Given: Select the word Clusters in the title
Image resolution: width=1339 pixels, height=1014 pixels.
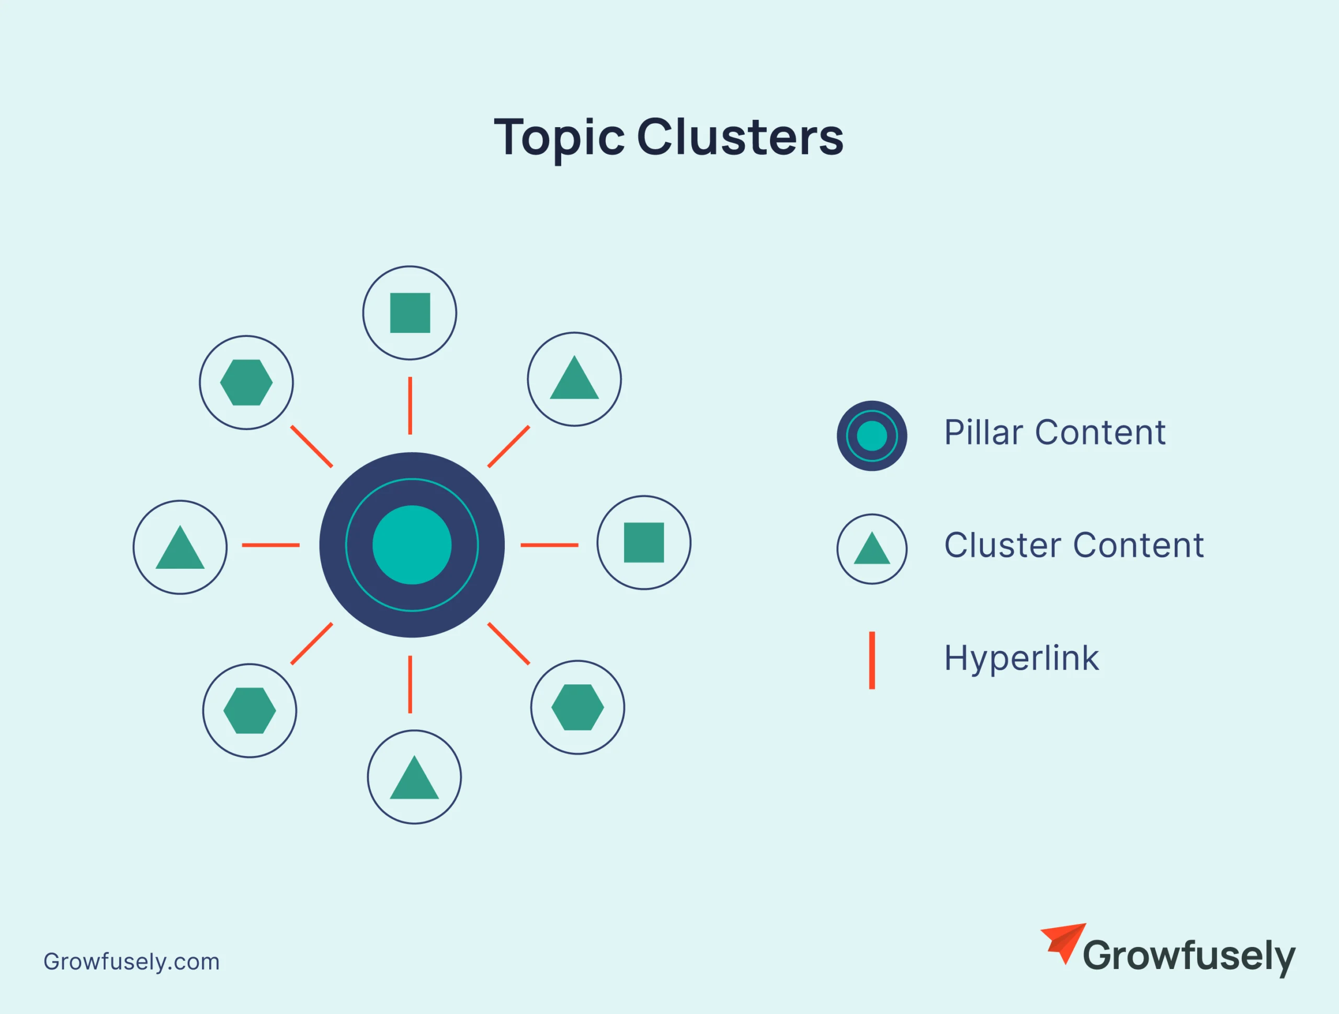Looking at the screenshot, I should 740,138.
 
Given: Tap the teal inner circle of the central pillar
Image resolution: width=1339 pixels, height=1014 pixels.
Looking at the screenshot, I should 412,545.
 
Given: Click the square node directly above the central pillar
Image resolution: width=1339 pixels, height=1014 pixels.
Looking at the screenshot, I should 410,313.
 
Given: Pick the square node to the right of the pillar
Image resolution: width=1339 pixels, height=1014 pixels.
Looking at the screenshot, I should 643,543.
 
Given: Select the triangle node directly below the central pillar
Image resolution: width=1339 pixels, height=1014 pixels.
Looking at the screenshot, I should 414,778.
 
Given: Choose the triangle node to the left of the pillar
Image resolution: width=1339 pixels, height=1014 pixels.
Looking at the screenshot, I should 180,547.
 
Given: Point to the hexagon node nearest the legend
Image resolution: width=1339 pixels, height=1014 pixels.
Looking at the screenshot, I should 577,707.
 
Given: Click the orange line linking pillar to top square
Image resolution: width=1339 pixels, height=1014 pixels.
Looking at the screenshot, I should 410,405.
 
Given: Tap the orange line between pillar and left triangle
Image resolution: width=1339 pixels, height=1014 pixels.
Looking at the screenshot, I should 270,545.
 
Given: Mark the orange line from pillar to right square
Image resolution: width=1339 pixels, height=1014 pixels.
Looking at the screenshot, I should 549,545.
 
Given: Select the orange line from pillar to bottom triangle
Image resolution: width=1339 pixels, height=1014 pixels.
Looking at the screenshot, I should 410,684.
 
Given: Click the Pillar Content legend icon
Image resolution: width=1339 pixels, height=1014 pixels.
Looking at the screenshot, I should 872,436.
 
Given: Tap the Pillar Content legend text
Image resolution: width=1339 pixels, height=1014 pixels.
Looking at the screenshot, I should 1054,433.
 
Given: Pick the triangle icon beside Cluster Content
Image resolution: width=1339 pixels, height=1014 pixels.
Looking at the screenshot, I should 872,549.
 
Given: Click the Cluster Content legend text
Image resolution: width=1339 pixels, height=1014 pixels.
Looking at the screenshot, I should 1074,545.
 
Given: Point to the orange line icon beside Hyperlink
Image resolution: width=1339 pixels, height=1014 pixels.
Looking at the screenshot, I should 872,660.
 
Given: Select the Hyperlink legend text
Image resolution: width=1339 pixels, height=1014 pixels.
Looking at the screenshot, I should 1021,659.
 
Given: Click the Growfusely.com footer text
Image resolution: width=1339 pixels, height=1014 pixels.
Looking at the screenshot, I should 131,961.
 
